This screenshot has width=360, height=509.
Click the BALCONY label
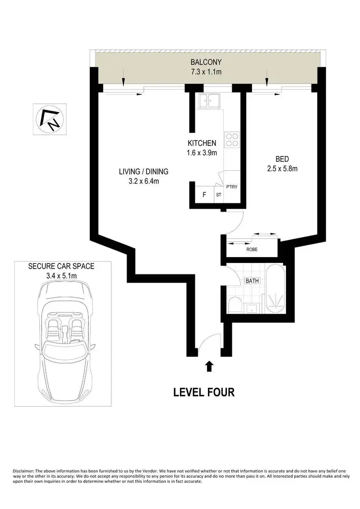[205, 62]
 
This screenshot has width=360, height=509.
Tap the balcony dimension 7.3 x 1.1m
[205, 72]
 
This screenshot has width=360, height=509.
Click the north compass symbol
[50, 118]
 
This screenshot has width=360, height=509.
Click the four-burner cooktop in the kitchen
[232, 139]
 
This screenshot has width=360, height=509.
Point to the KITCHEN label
[202, 143]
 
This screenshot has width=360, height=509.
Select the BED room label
[282, 159]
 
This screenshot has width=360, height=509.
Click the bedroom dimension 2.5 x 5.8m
[282, 168]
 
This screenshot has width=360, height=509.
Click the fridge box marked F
[204, 195]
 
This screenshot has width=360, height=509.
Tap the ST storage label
[218, 195]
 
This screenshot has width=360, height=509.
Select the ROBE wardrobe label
[252, 249]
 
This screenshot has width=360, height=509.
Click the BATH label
[252, 281]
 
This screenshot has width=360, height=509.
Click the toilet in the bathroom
[235, 304]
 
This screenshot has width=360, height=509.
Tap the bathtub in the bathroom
[275, 290]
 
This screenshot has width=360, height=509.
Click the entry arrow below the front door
[209, 367]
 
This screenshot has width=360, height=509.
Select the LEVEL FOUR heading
[204, 392]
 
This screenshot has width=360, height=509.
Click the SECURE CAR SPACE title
[61, 266]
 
